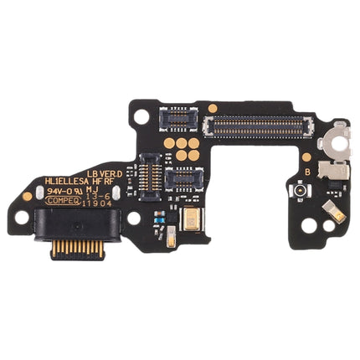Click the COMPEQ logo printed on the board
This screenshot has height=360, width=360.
61,201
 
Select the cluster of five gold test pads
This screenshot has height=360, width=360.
187,148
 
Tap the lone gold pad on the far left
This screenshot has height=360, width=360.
28,196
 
